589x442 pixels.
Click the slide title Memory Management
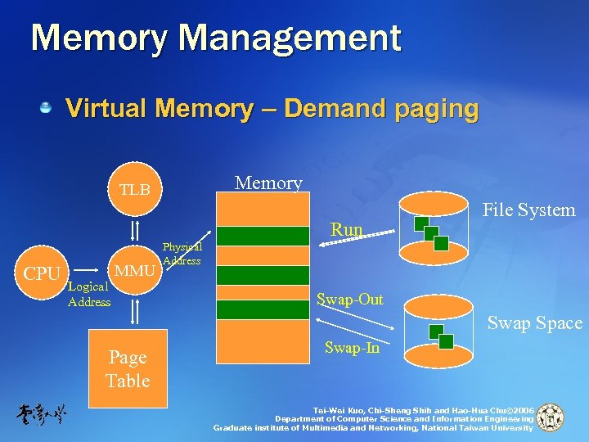click(x=216, y=38)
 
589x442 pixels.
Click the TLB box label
click(x=135, y=190)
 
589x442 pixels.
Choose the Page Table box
click(x=128, y=368)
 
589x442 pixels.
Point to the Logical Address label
click(x=89, y=294)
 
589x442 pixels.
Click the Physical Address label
click(x=182, y=254)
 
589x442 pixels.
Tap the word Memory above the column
click(x=268, y=183)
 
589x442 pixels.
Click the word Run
click(x=346, y=230)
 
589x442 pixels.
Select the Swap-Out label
click(x=350, y=300)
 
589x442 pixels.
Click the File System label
click(x=528, y=210)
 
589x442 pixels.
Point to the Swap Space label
click(x=535, y=323)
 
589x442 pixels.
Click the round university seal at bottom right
click(x=550, y=417)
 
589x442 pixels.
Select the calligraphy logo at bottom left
click(x=41, y=414)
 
